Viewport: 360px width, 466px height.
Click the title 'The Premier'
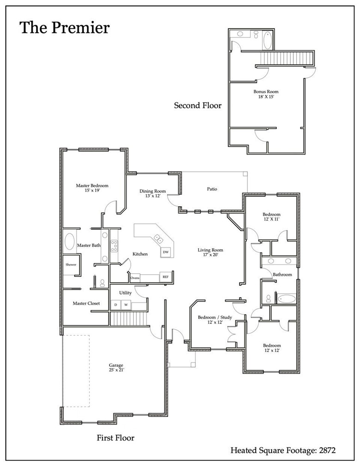coord(64,28)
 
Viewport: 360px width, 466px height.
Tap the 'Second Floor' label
coord(197,105)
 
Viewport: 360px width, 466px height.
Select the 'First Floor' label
coord(115,437)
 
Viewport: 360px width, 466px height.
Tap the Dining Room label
coord(153,193)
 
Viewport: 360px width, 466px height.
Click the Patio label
coord(212,189)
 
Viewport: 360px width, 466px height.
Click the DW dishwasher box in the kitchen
coord(165,252)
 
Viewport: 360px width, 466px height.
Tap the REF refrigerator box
coord(165,277)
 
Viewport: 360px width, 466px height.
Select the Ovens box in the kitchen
coord(134,277)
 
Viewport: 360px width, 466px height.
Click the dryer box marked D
coord(116,305)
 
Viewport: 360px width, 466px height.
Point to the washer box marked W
coord(125,305)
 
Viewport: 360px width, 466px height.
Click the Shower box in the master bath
coord(71,265)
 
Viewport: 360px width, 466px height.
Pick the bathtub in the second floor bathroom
coord(268,41)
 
